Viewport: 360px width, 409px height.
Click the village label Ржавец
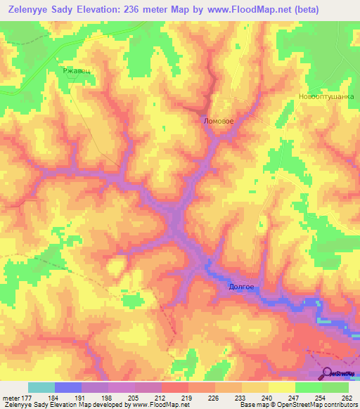[x=77, y=70]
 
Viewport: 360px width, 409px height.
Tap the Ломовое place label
[x=218, y=121]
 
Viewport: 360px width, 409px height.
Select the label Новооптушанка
[x=325, y=98]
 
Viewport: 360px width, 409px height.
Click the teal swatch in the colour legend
[x=41, y=388]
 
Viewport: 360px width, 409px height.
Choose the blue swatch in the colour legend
[x=68, y=388]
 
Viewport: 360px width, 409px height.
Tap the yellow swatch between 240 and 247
[x=282, y=388]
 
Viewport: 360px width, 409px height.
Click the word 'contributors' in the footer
[x=336, y=404]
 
